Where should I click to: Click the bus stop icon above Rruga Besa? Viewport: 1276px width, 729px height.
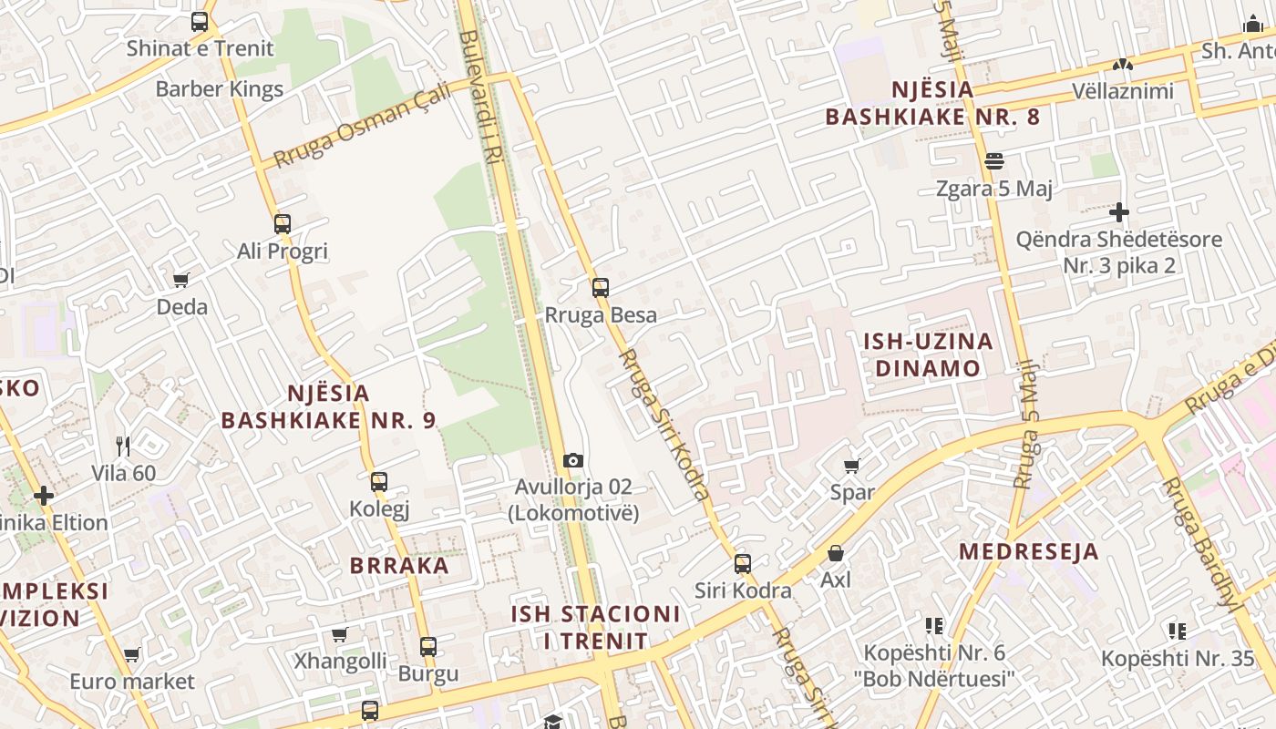[x=600, y=288]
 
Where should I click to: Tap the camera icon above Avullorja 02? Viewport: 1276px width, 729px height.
[x=572, y=460]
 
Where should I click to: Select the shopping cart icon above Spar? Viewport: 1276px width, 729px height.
[x=852, y=467]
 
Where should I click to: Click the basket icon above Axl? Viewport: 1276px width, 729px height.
[x=835, y=553]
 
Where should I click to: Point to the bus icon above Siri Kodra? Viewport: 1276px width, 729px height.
[x=743, y=564]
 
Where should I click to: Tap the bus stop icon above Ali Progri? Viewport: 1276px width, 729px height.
[x=283, y=223]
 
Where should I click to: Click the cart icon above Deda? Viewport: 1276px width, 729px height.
[x=181, y=280]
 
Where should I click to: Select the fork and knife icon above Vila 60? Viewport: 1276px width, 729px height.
[x=123, y=447]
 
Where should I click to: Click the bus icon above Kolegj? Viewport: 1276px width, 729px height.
[x=379, y=482]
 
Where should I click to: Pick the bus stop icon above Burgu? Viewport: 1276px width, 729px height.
[x=428, y=647]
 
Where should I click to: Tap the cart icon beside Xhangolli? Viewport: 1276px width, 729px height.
[x=340, y=634]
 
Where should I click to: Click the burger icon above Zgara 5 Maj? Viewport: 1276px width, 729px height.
[x=994, y=161]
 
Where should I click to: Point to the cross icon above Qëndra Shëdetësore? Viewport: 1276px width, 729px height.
[x=1119, y=212]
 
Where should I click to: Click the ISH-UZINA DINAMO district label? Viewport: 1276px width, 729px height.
[x=928, y=355]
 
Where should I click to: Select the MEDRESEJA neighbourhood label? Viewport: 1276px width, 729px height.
[x=1028, y=551]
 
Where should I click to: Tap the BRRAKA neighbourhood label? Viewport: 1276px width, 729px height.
[x=399, y=565]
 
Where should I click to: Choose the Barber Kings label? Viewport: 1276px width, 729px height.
[x=220, y=89]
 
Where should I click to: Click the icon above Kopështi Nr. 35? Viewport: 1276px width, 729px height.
[x=1177, y=631]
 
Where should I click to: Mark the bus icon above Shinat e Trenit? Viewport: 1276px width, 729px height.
[x=200, y=22]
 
